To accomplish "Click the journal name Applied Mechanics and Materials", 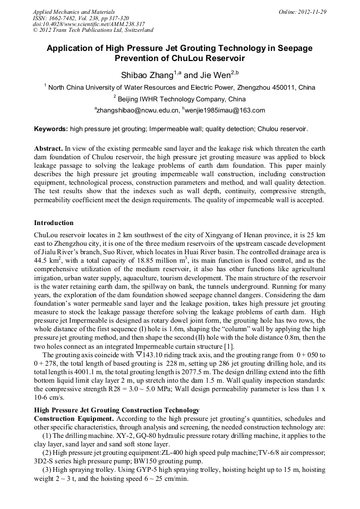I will coord(74,12).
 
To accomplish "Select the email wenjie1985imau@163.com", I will coord(225,110).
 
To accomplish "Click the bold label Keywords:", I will coord(51,129).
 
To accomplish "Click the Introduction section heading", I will coord(54,223).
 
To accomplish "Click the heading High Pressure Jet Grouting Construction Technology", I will coord(117,410).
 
